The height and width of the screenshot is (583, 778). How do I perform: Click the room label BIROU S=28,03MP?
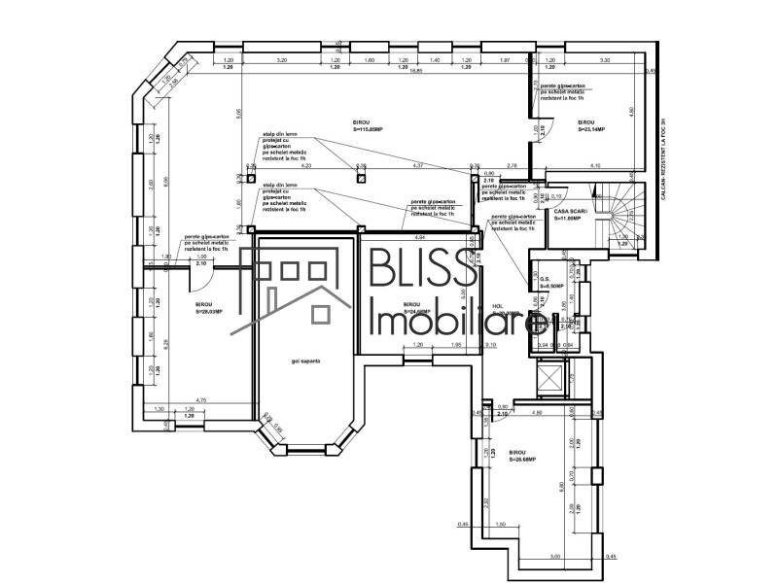click(x=209, y=309)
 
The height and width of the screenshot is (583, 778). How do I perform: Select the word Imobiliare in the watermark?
click(x=457, y=326)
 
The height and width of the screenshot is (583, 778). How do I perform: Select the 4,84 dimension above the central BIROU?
click(x=420, y=237)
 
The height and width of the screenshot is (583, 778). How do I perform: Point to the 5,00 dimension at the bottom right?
click(x=554, y=557)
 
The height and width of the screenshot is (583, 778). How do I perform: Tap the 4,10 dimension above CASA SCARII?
click(x=594, y=166)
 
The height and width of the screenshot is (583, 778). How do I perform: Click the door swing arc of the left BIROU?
click(x=197, y=277)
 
